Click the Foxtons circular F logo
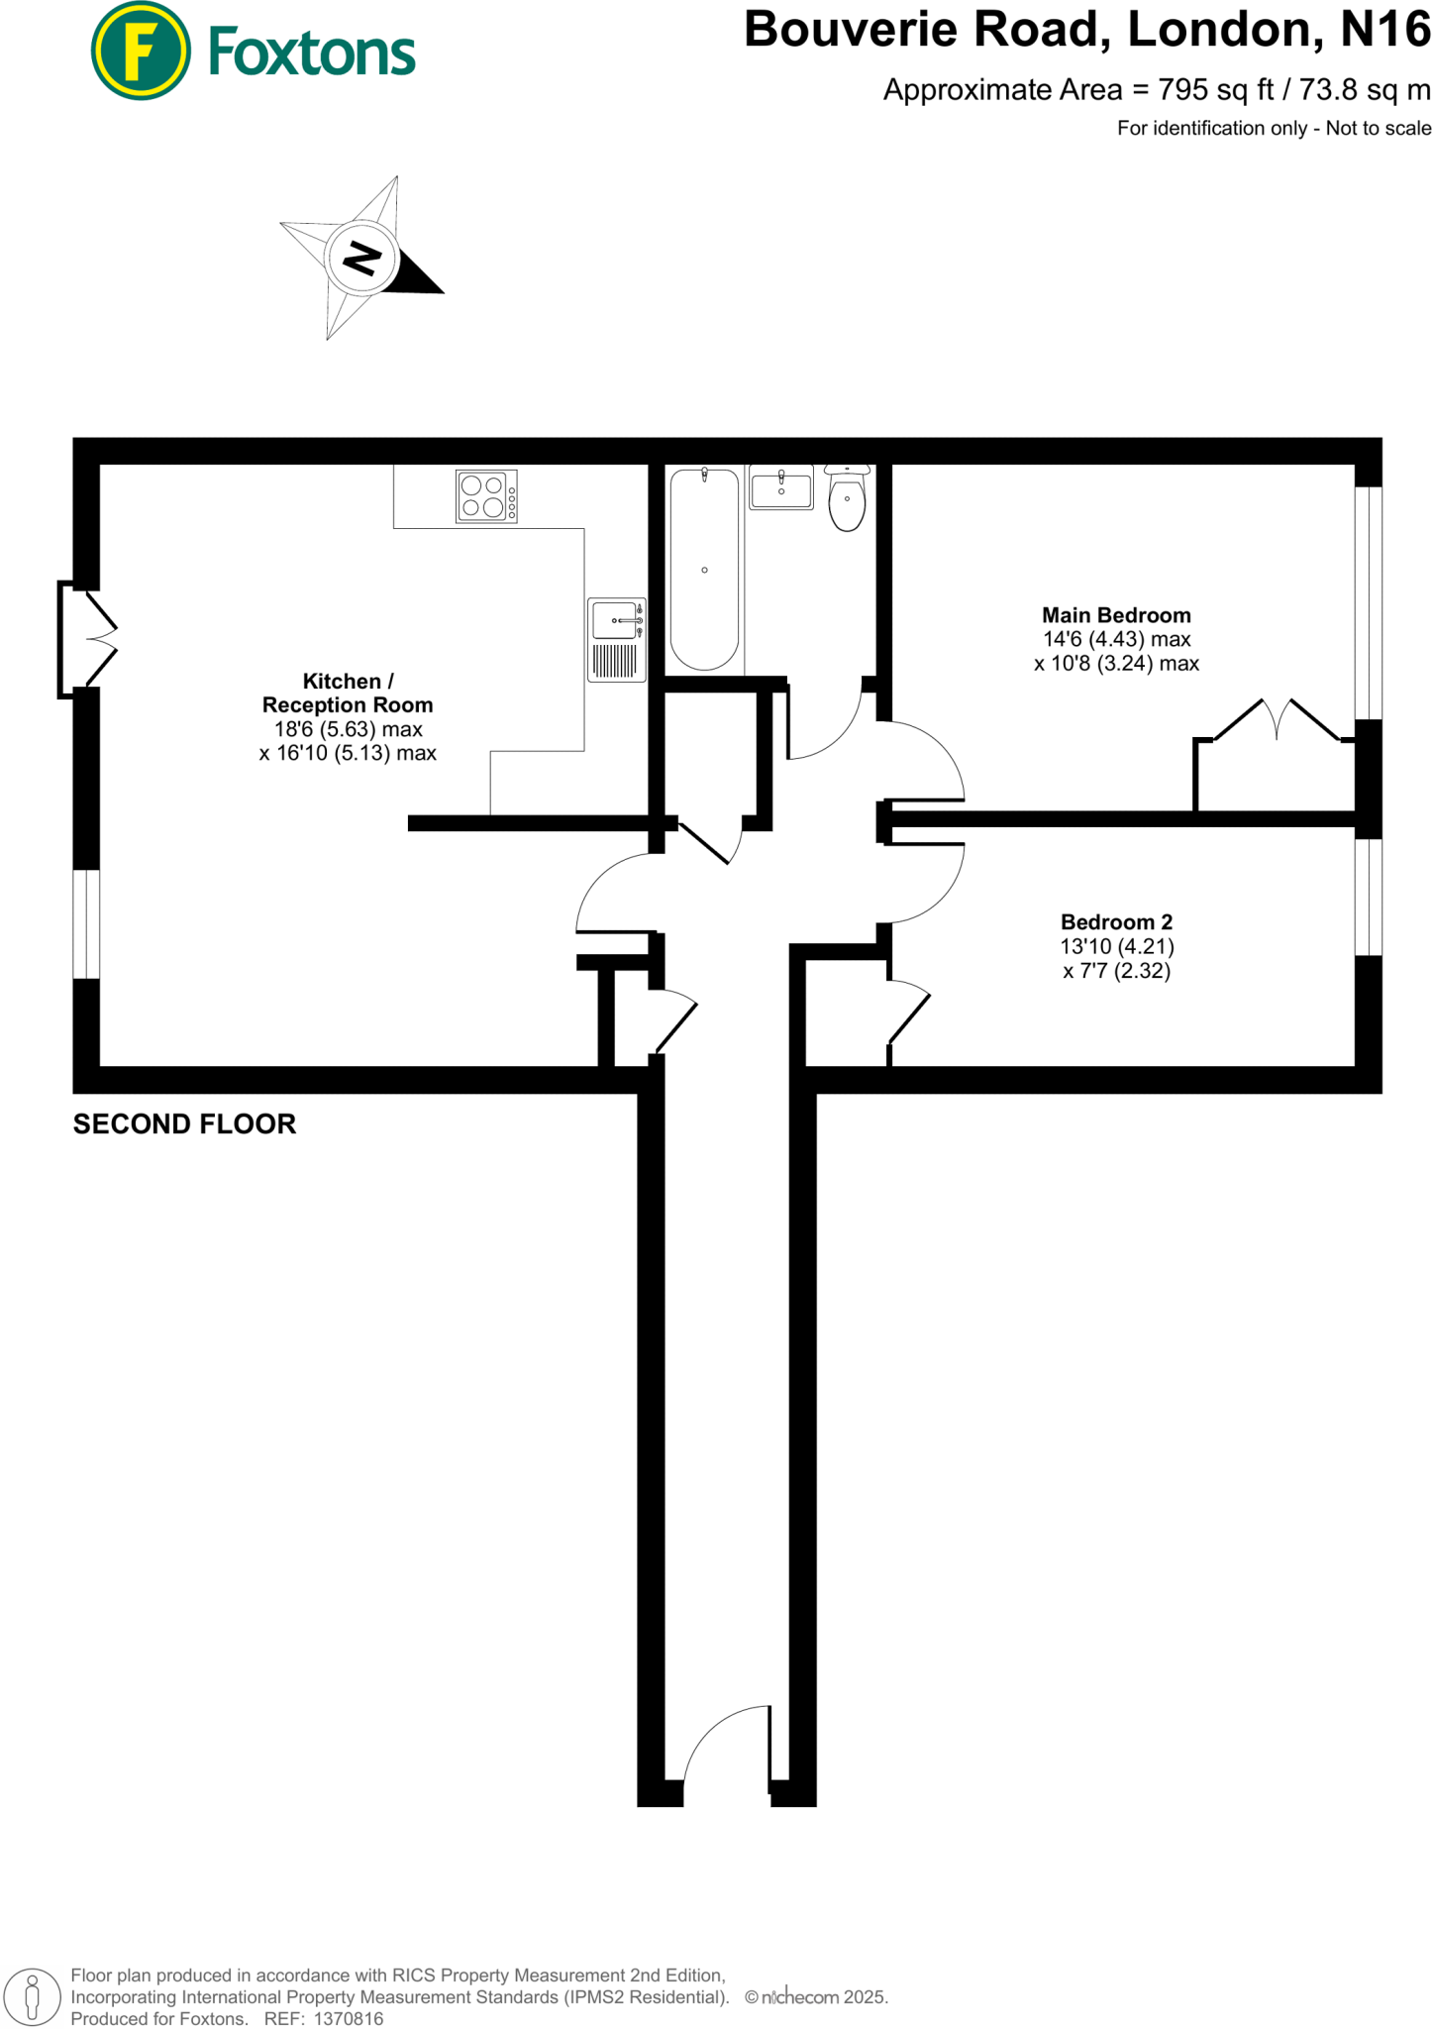click(140, 52)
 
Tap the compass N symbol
click(361, 258)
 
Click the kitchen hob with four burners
click(486, 496)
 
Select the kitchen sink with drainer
click(616, 639)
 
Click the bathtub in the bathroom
click(704, 570)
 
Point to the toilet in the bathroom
click(847, 498)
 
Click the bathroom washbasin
click(780, 488)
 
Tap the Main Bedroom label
click(1116, 615)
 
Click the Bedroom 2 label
click(1116, 922)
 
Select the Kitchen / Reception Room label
click(348, 694)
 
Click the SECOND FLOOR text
click(184, 1123)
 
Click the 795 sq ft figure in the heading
click(1216, 90)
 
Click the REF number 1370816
click(348, 2019)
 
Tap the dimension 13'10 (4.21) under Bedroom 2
click(1116, 947)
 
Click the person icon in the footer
click(32, 1997)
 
